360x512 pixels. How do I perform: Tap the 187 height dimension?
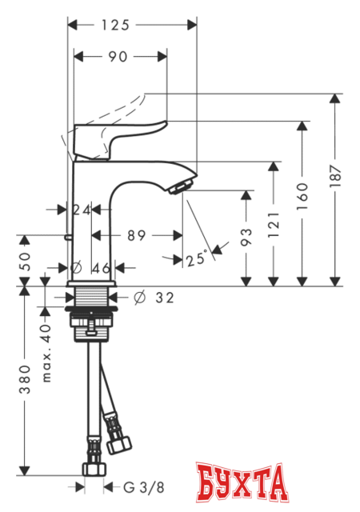click(x=335, y=174)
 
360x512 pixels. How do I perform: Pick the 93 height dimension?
click(x=246, y=236)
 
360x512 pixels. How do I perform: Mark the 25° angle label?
click(x=196, y=258)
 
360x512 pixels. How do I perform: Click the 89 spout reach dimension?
click(x=136, y=235)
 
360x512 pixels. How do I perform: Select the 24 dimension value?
click(x=80, y=210)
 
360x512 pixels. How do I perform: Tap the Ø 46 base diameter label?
click(x=93, y=267)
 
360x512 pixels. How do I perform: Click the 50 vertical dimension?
click(x=25, y=259)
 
